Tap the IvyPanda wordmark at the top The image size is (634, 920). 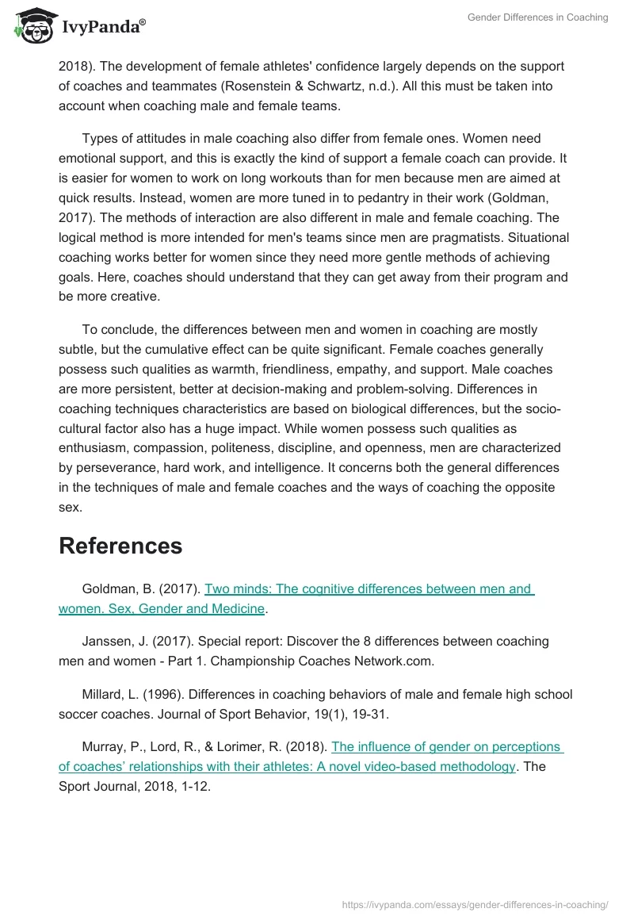[x=103, y=27]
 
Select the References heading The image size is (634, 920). [x=120, y=546]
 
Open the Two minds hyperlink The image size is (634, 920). [x=368, y=589]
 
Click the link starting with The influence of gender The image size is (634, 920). [x=447, y=747]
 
